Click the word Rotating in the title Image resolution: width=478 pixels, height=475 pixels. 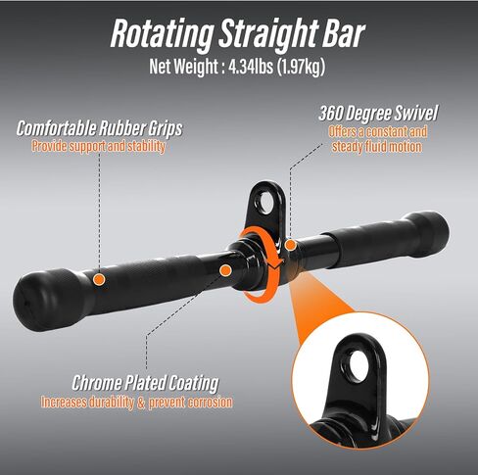162,33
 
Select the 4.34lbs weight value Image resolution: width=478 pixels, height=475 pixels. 251,67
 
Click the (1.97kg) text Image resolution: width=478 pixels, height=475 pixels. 302,68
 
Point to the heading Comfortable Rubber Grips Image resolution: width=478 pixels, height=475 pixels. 99,128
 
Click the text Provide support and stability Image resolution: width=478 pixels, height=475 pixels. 98,146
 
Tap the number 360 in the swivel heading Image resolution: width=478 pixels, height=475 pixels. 330,114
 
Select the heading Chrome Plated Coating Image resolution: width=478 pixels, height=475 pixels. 145,383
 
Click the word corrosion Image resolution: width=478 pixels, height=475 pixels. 208,403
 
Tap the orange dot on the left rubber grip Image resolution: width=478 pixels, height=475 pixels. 99,279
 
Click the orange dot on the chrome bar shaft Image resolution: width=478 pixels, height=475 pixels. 225,270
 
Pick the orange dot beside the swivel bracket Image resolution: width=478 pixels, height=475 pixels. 290,245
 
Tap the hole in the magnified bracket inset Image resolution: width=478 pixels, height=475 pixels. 359,365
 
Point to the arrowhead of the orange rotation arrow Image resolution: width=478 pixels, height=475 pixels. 276,264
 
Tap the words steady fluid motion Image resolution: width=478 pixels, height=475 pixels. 377,146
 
